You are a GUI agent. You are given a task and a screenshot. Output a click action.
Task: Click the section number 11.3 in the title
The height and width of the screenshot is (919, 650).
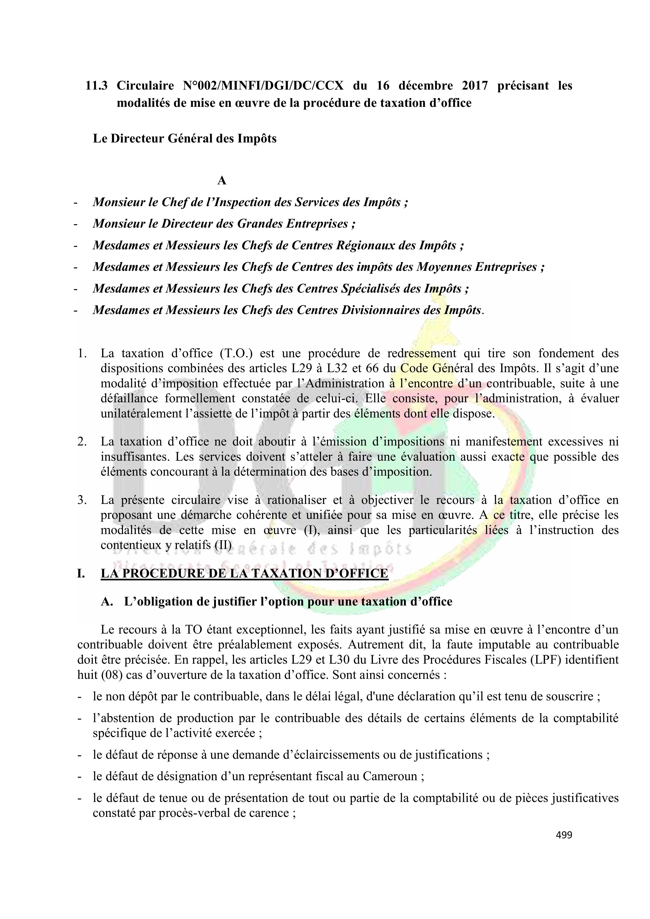pyautogui.click(x=96, y=86)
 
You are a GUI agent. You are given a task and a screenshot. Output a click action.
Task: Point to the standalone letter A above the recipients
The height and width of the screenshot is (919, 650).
pyautogui.click(x=221, y=181)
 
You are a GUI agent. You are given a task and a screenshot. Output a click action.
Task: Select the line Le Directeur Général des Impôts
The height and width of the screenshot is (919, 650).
pyautogui.click(x=185, y=139)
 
